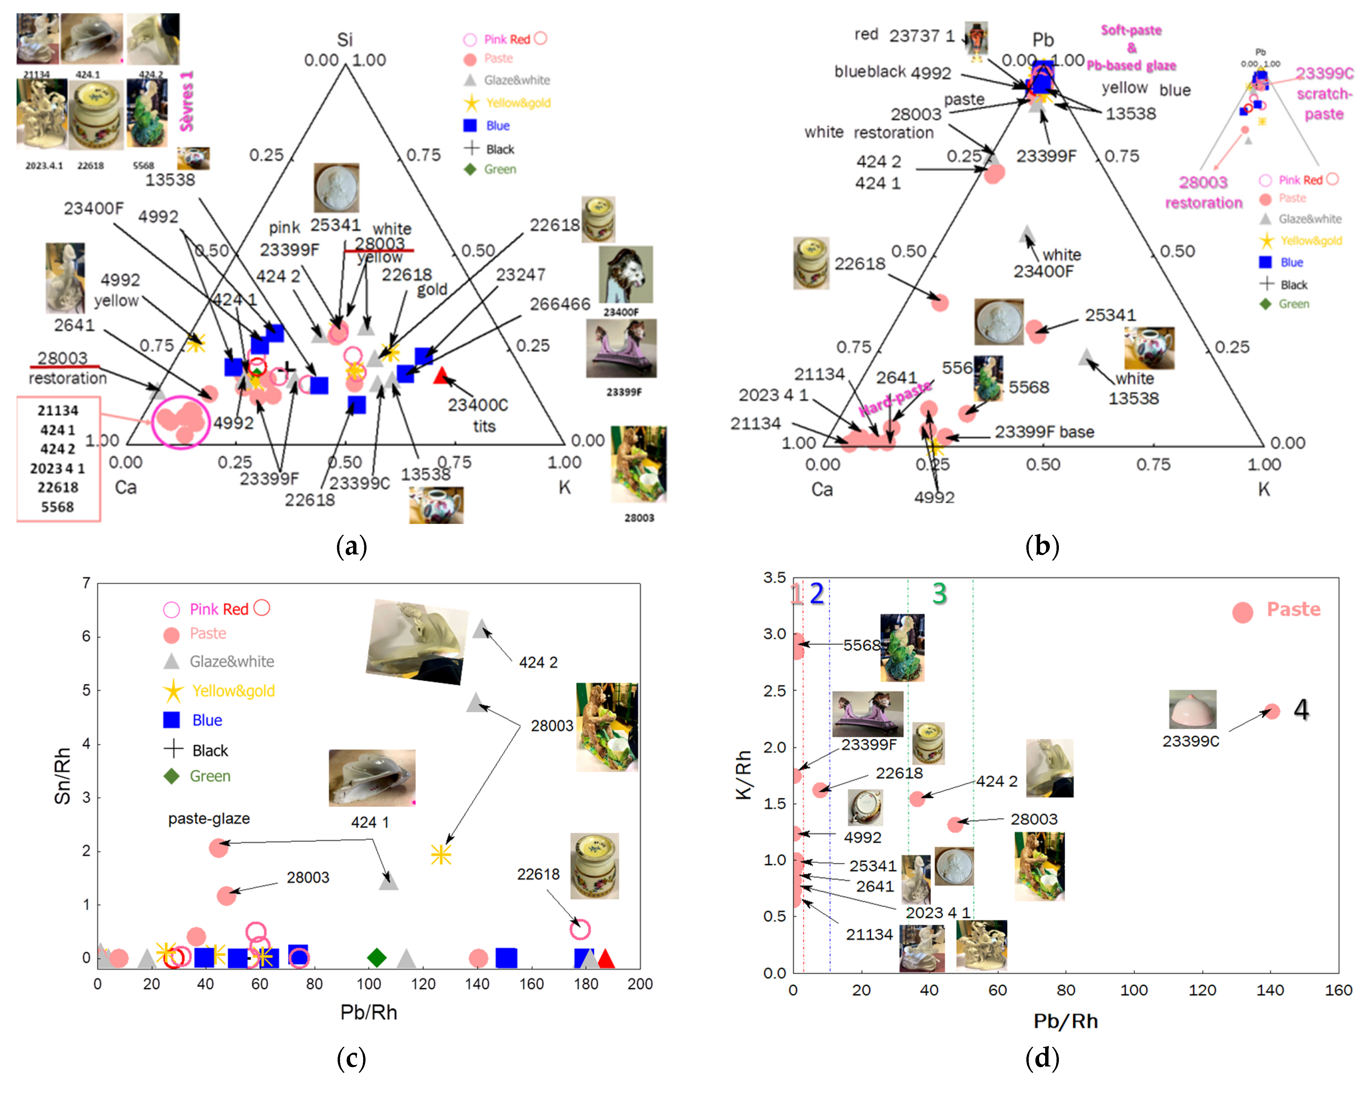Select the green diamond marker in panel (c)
[377, 957]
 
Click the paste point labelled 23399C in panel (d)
[1271, 712]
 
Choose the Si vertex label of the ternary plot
[345, 39]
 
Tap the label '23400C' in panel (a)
[478, 405]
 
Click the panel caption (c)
[351, 1058]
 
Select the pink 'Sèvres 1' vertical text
[186, 101]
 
